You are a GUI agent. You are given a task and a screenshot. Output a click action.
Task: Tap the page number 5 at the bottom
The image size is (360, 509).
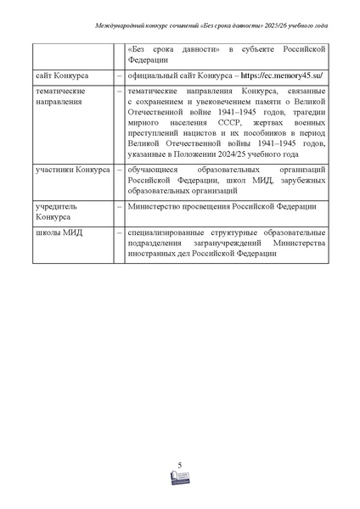(181, 464)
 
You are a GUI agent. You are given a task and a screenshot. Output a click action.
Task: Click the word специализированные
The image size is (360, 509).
(171, 232)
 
